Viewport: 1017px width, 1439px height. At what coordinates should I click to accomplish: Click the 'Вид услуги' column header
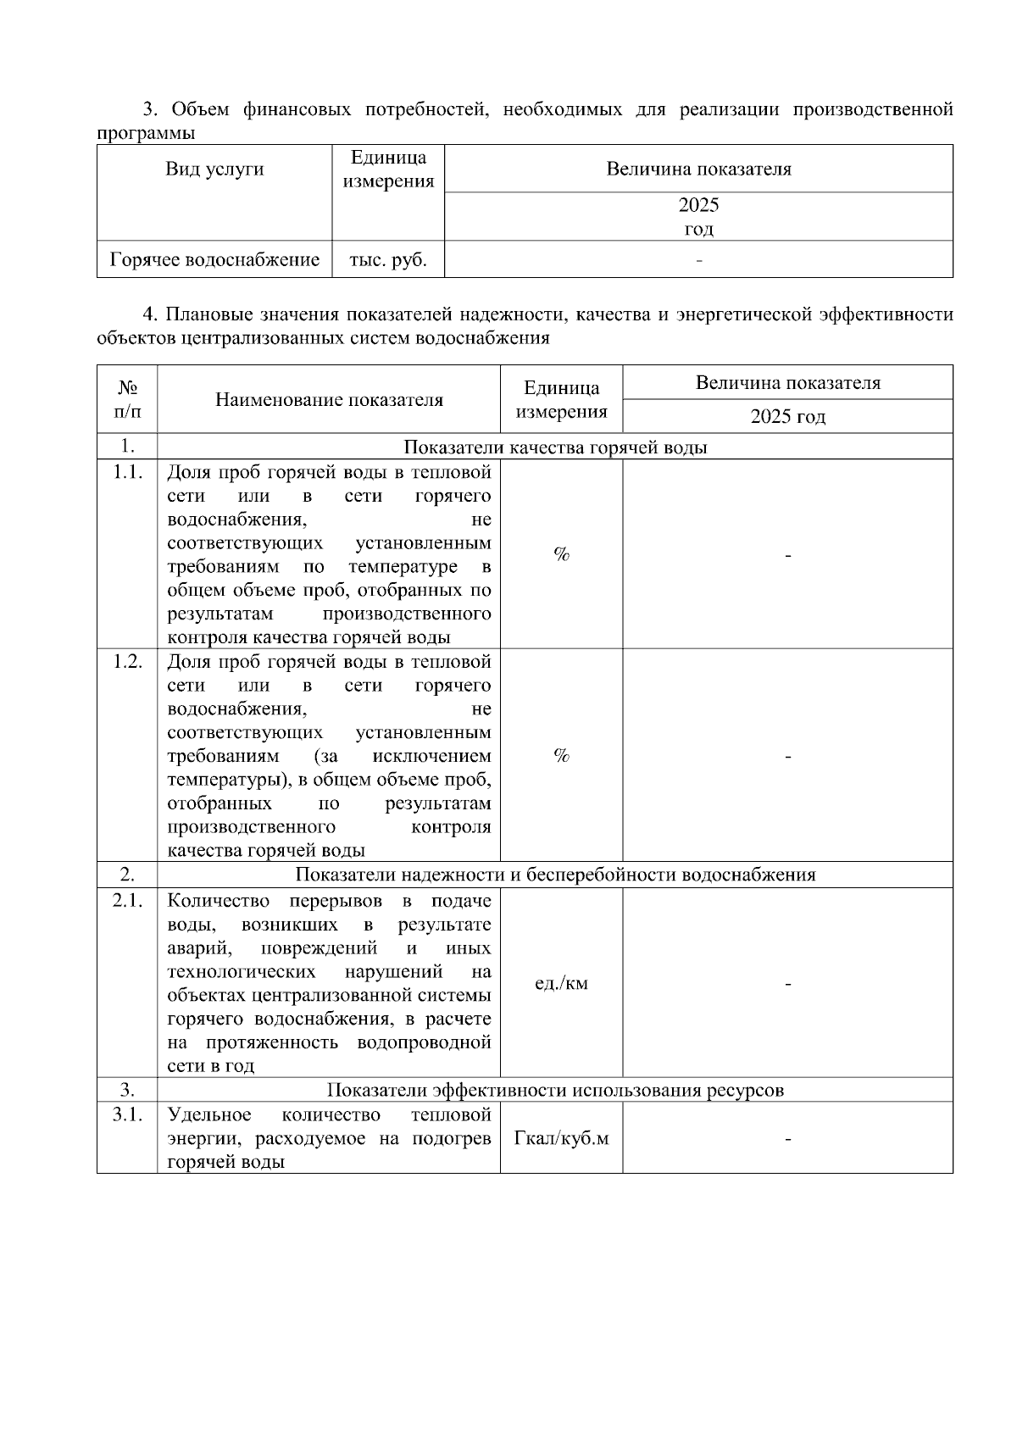[214, 169]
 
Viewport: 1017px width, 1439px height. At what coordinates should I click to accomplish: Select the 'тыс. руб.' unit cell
[388, 260]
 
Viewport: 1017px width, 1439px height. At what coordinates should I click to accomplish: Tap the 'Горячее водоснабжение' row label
[214, 260]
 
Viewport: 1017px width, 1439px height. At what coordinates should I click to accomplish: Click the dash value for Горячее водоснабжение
[698, 260]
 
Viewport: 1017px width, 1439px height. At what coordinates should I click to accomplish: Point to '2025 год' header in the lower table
[787, 417]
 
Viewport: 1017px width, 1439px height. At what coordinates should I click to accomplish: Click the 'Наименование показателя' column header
[329, 400]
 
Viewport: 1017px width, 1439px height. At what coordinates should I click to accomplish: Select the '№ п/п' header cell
[127, 400]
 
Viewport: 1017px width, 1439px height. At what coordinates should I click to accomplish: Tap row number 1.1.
[127, 472]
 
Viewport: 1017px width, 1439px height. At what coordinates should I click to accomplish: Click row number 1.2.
[127, 662]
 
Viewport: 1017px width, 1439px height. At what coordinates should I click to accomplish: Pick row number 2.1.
[127, 901]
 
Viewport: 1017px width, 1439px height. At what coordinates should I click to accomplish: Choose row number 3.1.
[127, 1114]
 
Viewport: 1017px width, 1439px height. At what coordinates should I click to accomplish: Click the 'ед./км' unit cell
[561, 984]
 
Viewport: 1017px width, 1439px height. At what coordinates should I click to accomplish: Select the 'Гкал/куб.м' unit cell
[561, 1138]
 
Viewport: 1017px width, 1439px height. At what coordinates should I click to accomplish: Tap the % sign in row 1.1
[561, 554]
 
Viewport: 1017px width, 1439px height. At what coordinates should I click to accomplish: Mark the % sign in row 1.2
[561, 755]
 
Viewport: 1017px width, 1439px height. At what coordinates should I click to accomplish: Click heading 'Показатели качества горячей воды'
[555, 447]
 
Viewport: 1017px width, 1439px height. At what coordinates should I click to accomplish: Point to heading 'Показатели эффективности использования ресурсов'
[555, 1090]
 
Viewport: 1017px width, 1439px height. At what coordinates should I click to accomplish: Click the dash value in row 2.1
[787, 985]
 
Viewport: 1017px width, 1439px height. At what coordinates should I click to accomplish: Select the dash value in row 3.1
[787, 1140]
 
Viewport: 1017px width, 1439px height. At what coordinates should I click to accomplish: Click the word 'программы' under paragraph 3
[146, 133]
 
